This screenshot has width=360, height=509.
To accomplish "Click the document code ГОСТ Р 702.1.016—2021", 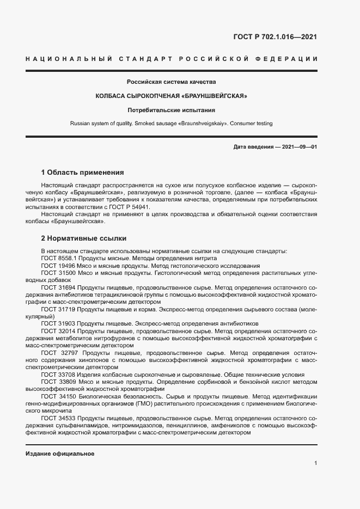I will click(x=276, y=37).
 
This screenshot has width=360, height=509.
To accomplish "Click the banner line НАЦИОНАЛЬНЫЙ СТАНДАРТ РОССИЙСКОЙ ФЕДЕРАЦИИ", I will click(x=172, y=58).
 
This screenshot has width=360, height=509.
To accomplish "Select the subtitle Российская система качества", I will click(x=172, y=82).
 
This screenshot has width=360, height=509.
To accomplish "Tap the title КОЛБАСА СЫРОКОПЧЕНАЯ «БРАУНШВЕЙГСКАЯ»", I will click(x=172, y=96).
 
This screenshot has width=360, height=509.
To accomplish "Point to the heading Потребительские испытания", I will click(x=172, y=110).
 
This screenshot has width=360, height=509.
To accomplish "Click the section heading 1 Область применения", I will click(x=83, y=173).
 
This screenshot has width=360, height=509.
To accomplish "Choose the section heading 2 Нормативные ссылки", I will click(x=84, y=238).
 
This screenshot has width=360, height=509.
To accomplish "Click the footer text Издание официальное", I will click(x=60, y=453).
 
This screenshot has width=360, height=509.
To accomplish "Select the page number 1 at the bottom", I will click(x=315, y=463).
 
